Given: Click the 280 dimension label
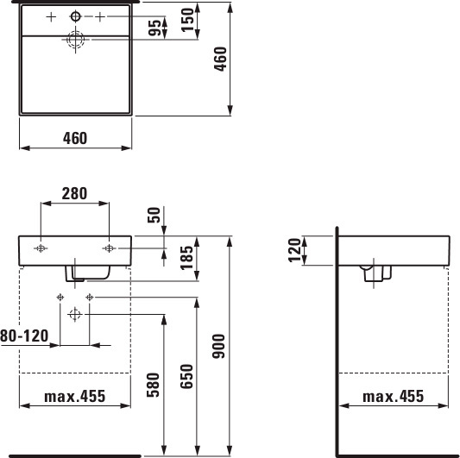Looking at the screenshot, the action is tap(74, 193).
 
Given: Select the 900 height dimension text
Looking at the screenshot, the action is tap(219, 346).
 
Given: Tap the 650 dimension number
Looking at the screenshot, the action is tap(186, 376).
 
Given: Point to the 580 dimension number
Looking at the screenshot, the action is tap(153, 385).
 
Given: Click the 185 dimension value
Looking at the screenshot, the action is tap(186, 258).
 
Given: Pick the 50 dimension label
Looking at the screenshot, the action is tap(154, 215).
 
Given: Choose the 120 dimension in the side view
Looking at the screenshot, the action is tap(294, 250).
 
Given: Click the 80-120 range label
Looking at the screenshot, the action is tap(24, 336).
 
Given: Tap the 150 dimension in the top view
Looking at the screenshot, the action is tap(187, 20).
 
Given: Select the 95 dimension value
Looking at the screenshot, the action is tap(154, 28).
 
